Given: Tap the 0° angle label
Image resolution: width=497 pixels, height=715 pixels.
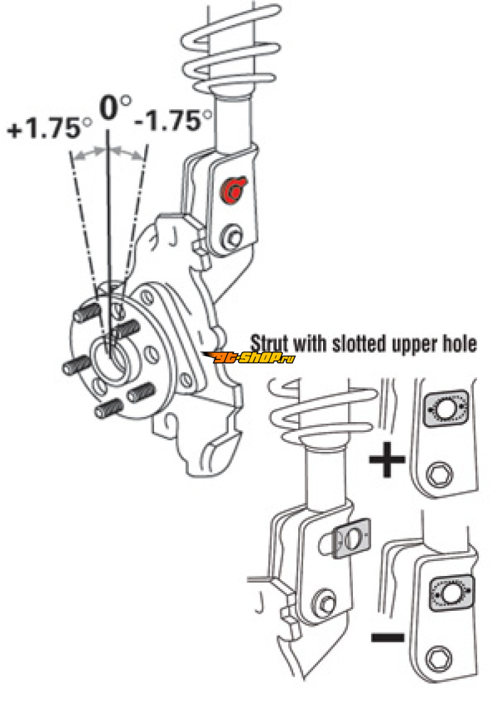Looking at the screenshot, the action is pos(114,107).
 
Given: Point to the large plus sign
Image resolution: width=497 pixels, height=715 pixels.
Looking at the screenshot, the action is pos(387,459).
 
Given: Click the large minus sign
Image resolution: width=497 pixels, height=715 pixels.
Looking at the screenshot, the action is pos(388,636).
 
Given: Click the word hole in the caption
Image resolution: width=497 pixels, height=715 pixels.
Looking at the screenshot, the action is pos(459,344).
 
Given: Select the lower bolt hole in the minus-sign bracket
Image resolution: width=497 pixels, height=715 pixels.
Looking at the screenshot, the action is pos(439,659).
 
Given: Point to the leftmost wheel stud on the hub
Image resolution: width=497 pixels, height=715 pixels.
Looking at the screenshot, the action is pos(75,365).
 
